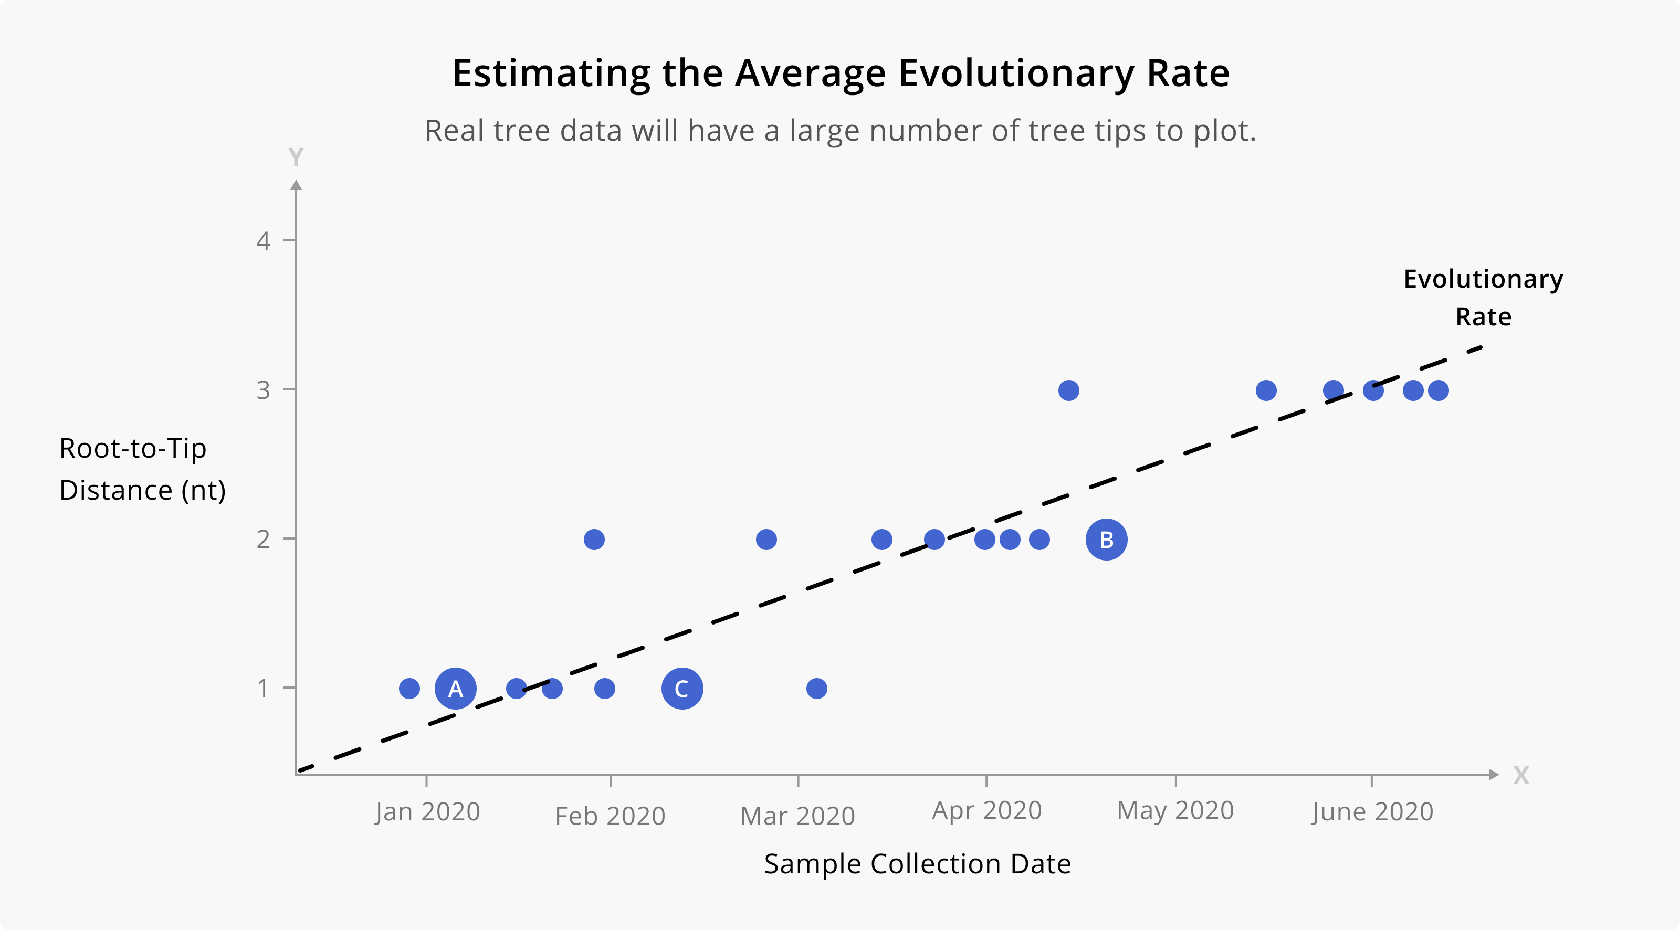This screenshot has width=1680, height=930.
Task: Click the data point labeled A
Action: pyautogui.click(x=455, y=688)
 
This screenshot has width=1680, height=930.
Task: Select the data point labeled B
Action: pyautogui.click(x=1106, y=540)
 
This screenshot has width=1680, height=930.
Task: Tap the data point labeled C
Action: pyautogui.click(x=681, y=688)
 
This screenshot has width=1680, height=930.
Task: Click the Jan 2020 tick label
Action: pyautogui.click(x=427, y=812)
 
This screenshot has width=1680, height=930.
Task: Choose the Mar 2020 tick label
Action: pyautogui.click(x=797, y=816)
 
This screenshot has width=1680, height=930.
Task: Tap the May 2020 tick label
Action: pyautogui.click(x=1175, y=811)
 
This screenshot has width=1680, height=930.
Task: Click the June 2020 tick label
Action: pyautogui.click(x=1372, y=812)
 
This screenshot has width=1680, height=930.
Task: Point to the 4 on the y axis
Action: pyautogui.click(x=263, y=241)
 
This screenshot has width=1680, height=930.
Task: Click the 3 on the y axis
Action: pyautogui.click(x=263, y=390)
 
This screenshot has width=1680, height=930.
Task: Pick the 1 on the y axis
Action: pyautogui.click(x=263, y=688)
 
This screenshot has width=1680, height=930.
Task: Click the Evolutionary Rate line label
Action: pyautogui.click(x=1483, y=298)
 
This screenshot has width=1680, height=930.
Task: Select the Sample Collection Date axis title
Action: pyautogui.click(x=917, y=863)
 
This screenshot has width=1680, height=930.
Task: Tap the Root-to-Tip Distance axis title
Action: pyautogui.click(x=142, y=469)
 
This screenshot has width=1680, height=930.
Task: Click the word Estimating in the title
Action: pyautogui.click(x=551, y=73)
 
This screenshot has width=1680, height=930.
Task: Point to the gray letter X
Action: pyautogui.click(x=1521, y=775)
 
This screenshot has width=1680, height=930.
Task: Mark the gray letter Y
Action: pyautogui.click(x=296, y=157)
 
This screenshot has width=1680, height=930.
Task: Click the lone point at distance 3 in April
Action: pyautogui.click(x=1068, y=390)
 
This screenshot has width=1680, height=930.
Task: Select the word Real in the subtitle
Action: pyautogui.click(x=455, y=131)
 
